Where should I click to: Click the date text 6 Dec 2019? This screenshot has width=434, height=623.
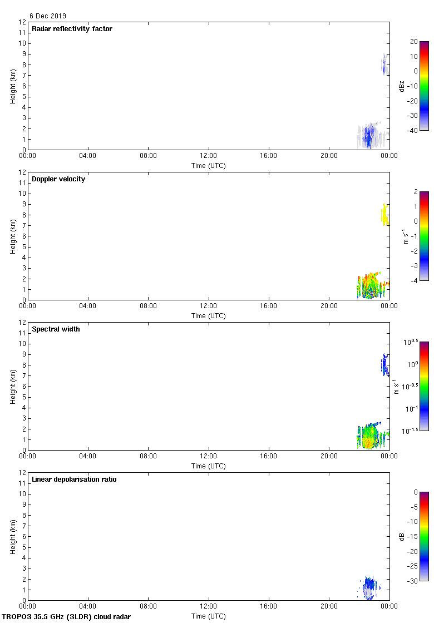(47, 16)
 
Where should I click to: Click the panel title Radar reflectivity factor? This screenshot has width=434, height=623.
(72, 29)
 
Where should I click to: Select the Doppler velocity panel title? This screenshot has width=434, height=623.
(58, 179)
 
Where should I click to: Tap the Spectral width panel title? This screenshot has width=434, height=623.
(56, 329)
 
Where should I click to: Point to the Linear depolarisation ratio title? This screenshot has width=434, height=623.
(74, 479)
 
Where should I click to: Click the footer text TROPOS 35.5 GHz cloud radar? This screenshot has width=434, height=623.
(67, 616)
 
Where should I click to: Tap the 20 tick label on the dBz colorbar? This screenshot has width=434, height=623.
(413, 42)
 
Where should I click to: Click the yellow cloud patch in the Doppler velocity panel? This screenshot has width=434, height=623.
(384, 214)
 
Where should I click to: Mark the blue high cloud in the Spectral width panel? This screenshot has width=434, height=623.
(384, 365)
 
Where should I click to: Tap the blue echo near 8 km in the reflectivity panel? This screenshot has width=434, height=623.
(383, 65)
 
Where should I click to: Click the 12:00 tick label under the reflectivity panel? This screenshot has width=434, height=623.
(209, 156)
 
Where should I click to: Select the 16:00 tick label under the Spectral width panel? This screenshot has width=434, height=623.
(269, 457)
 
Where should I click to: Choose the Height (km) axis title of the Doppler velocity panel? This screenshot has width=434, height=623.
(13, 236)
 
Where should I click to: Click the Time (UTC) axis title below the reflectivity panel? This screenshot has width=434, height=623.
(209, 165)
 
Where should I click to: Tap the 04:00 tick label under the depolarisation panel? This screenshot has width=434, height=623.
(88, 607)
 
